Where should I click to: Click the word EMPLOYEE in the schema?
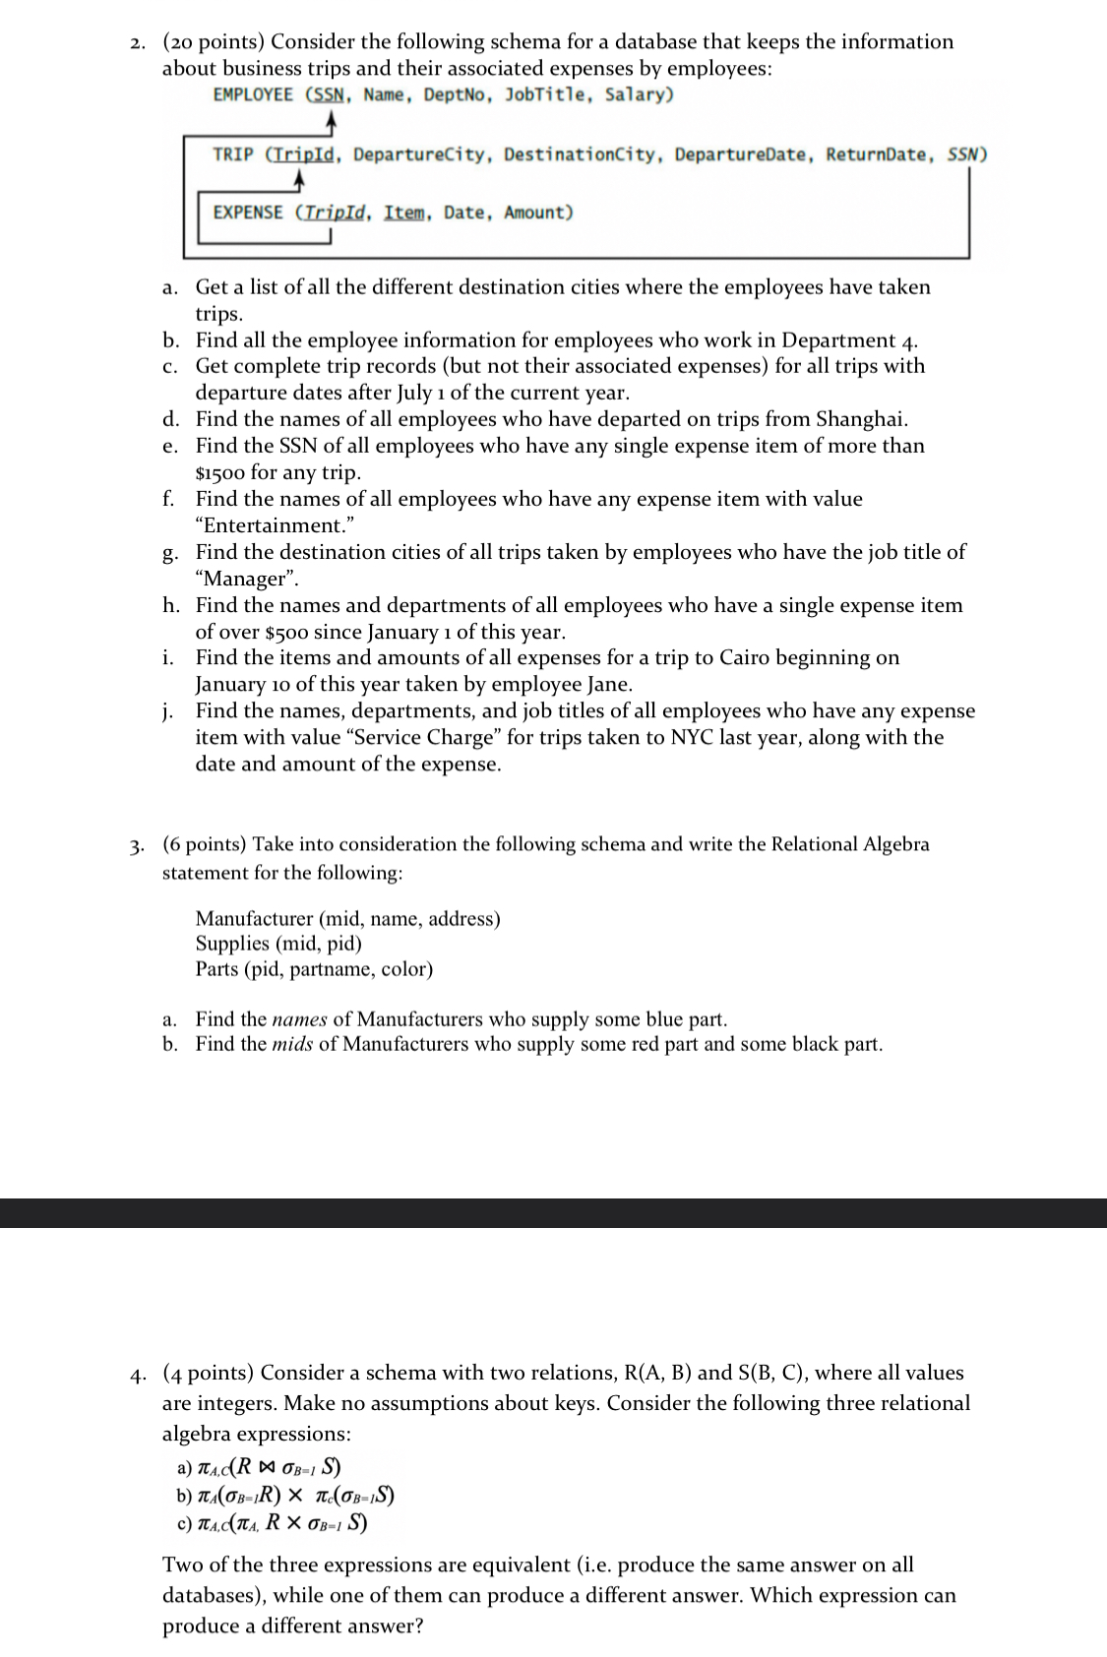coord(252,95)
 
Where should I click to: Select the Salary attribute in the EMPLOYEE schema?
coord(638,95)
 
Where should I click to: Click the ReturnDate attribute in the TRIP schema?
coord(875,154)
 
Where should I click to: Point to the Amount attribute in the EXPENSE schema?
coord(536,213)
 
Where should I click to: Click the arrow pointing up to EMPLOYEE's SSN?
coord(332,124)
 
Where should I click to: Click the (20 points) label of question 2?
coord(214,41)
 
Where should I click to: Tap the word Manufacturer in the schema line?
coord(253,918)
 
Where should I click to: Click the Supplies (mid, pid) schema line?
coord(278,944)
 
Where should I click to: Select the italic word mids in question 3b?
coord(292,1044)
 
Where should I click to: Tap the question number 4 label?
coord(144,1374)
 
